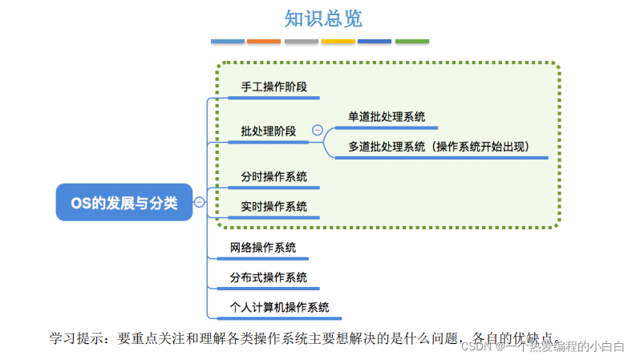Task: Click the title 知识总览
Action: point(318,18)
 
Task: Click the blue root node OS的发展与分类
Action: point(124,203)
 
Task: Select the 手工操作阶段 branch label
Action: point(273,87)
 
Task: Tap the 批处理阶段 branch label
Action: point(268,131)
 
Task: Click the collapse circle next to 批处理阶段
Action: point(317,130)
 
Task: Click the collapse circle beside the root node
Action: point(200,203)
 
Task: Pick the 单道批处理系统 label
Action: point(387,117)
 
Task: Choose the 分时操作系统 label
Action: point(273,176)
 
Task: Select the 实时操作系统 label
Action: point(273,206)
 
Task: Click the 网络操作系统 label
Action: point(262,248)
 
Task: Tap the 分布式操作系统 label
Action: point(268,277)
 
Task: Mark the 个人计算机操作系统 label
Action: point(279,307)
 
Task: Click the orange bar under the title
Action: point(264,41)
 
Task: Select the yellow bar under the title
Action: point(338,41)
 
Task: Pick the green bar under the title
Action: point(411,41)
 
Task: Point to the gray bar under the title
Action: point(301,41)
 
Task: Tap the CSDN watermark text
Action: point(476,346)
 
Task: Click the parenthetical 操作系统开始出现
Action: point(488,148)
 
